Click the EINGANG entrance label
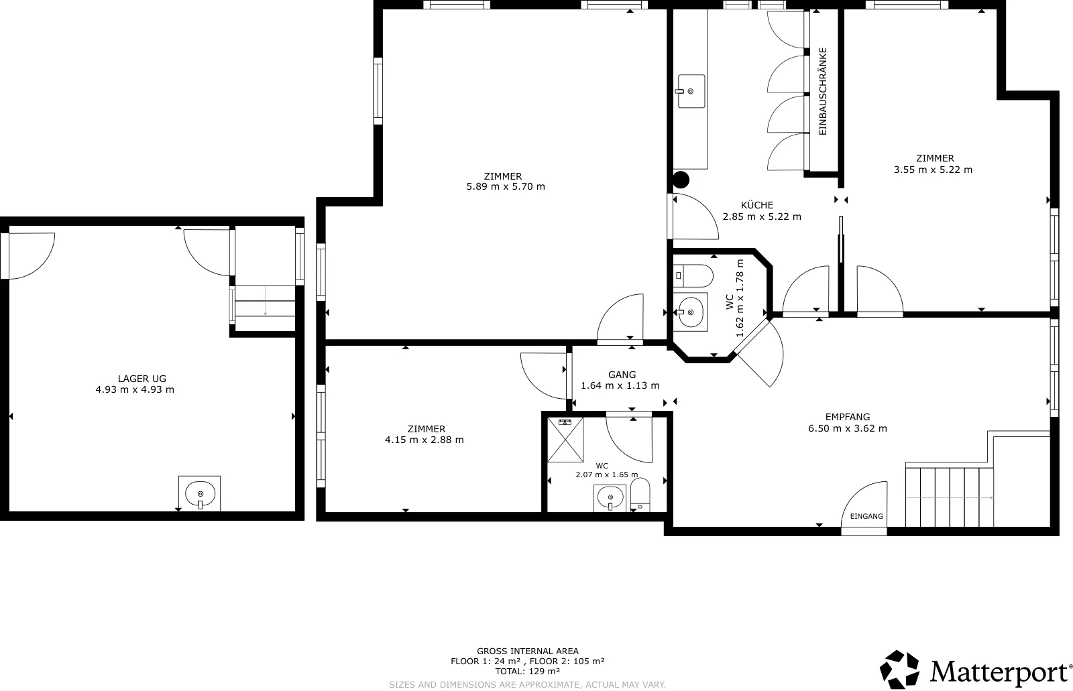click(866, 516)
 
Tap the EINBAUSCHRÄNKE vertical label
click(823, 91)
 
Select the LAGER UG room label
click(142, 379)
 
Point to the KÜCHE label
click(757, 205)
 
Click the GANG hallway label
click(622, 375)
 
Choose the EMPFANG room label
click(848, 417)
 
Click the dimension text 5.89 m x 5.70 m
click(506, 186)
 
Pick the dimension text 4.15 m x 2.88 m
click(424, 440)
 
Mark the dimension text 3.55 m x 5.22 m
click(933, 170)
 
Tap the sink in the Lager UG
click(200, 494)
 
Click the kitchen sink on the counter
click(691, 91)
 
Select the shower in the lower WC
click(565, 440)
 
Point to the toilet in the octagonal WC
click(693, 276)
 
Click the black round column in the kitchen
click(681, 180)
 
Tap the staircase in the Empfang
click(950, 497)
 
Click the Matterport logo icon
click(899, 670)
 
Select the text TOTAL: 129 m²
click(527, 672)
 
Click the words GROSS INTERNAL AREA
click(527, 651)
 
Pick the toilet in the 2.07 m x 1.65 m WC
click(640, 495)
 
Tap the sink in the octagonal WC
click(690, 312)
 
